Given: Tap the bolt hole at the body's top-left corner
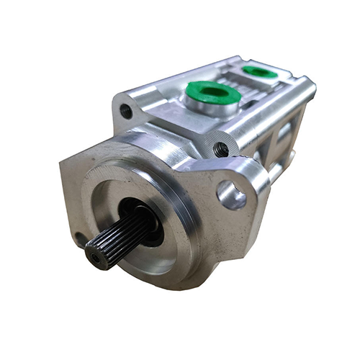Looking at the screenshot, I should click(x=127, y=112).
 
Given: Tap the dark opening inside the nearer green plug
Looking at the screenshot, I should click(x=210, y=92).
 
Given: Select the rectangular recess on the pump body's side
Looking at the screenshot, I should click(x=284, y=140).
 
